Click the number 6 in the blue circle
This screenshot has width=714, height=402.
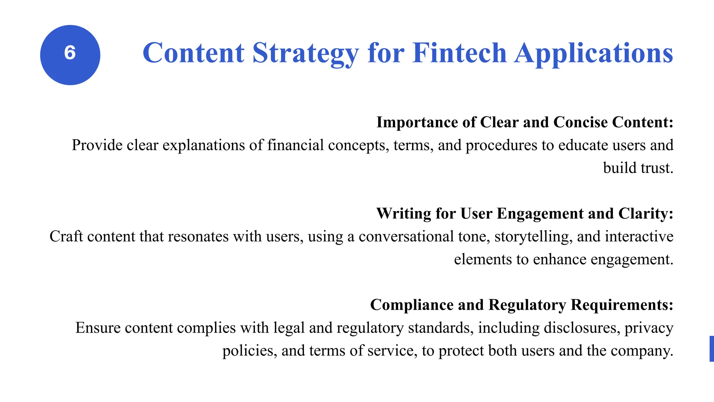(x=70, y=53)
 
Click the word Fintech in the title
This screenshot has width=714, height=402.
(x=459, y=53)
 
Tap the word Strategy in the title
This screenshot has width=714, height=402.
(x=305, y=53)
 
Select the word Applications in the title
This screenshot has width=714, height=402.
(x=593, y=53)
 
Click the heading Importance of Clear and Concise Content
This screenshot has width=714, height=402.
(x=524, y=122)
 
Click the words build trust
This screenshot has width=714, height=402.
(x=638, y=168)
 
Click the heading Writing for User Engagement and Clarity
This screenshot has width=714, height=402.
(x=524, y=214)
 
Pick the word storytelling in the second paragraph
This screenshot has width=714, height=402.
(x=533, y=237)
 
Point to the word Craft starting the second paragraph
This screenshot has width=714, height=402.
(x=66, y=237)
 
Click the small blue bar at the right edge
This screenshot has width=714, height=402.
(x=712, y=349)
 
